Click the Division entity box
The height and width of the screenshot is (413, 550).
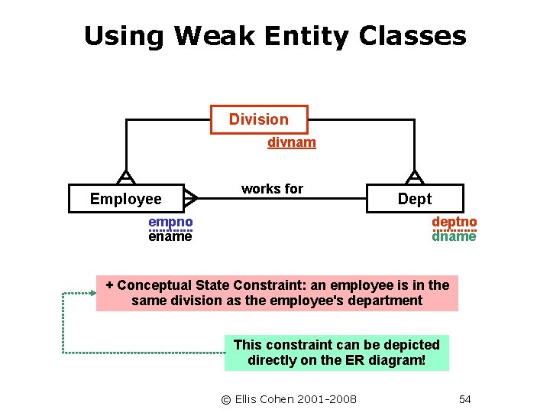259,119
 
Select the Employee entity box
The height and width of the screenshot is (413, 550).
126,199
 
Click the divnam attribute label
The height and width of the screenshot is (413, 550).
292,142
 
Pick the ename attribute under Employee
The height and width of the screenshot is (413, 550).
170,236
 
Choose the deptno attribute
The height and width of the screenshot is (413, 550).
455,222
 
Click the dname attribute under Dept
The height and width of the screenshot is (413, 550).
455,236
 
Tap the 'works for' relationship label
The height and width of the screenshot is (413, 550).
272,189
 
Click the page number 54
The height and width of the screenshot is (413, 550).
464,398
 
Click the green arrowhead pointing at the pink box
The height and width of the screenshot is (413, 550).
92,292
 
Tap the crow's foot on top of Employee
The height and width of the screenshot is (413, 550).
125,177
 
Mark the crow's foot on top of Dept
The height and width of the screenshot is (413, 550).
414,177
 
